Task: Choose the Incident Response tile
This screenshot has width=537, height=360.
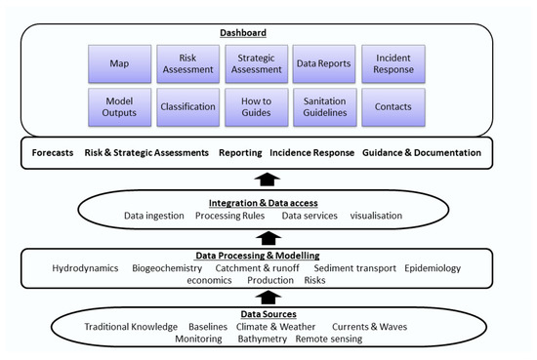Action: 393,62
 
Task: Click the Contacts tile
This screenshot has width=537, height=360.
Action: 393,106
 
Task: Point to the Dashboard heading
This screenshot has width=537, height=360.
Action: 268,32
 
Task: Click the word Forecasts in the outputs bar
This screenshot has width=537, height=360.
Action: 53,154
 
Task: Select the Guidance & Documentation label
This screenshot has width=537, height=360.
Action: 422,154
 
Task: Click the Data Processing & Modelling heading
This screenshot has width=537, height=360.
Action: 268,256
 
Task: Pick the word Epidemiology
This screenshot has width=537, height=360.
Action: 433,268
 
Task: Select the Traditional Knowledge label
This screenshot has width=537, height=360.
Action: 131,327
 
